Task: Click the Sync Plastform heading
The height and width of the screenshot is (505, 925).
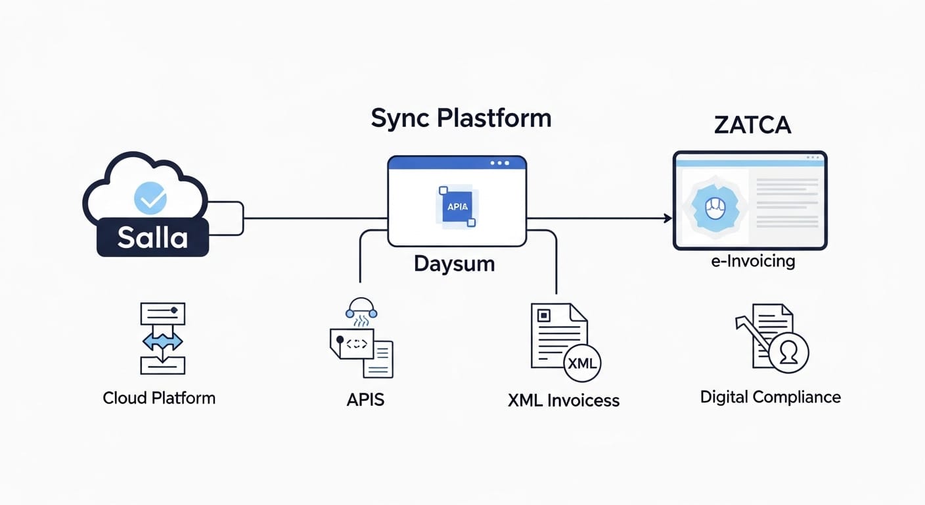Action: tap(461, 118)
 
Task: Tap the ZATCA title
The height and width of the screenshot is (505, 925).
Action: tap(752, 124)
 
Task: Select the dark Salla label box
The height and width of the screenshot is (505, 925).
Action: tap(152, 237)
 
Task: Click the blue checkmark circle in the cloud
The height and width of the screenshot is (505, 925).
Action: tap(150, 198)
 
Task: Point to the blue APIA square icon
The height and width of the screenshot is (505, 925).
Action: tap(457, 206)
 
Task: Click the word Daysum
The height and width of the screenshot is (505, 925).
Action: tap(454, 264)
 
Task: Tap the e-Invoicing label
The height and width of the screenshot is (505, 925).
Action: tap(753, 261)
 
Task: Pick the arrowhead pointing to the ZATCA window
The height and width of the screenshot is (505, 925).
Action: tap(667, 218)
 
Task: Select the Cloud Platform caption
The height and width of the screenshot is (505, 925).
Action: tap(159, 398)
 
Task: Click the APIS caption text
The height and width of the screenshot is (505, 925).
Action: tap(365, 399)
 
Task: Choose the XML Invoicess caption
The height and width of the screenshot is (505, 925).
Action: tap(563, 400)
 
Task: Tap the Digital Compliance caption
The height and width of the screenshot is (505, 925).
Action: tap(770, 397)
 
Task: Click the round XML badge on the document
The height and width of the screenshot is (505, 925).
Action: tap(582, 362)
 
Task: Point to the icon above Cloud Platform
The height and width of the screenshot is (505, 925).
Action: tap(162, 339)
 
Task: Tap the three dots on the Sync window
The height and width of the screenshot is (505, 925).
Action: tap(499, 163)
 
